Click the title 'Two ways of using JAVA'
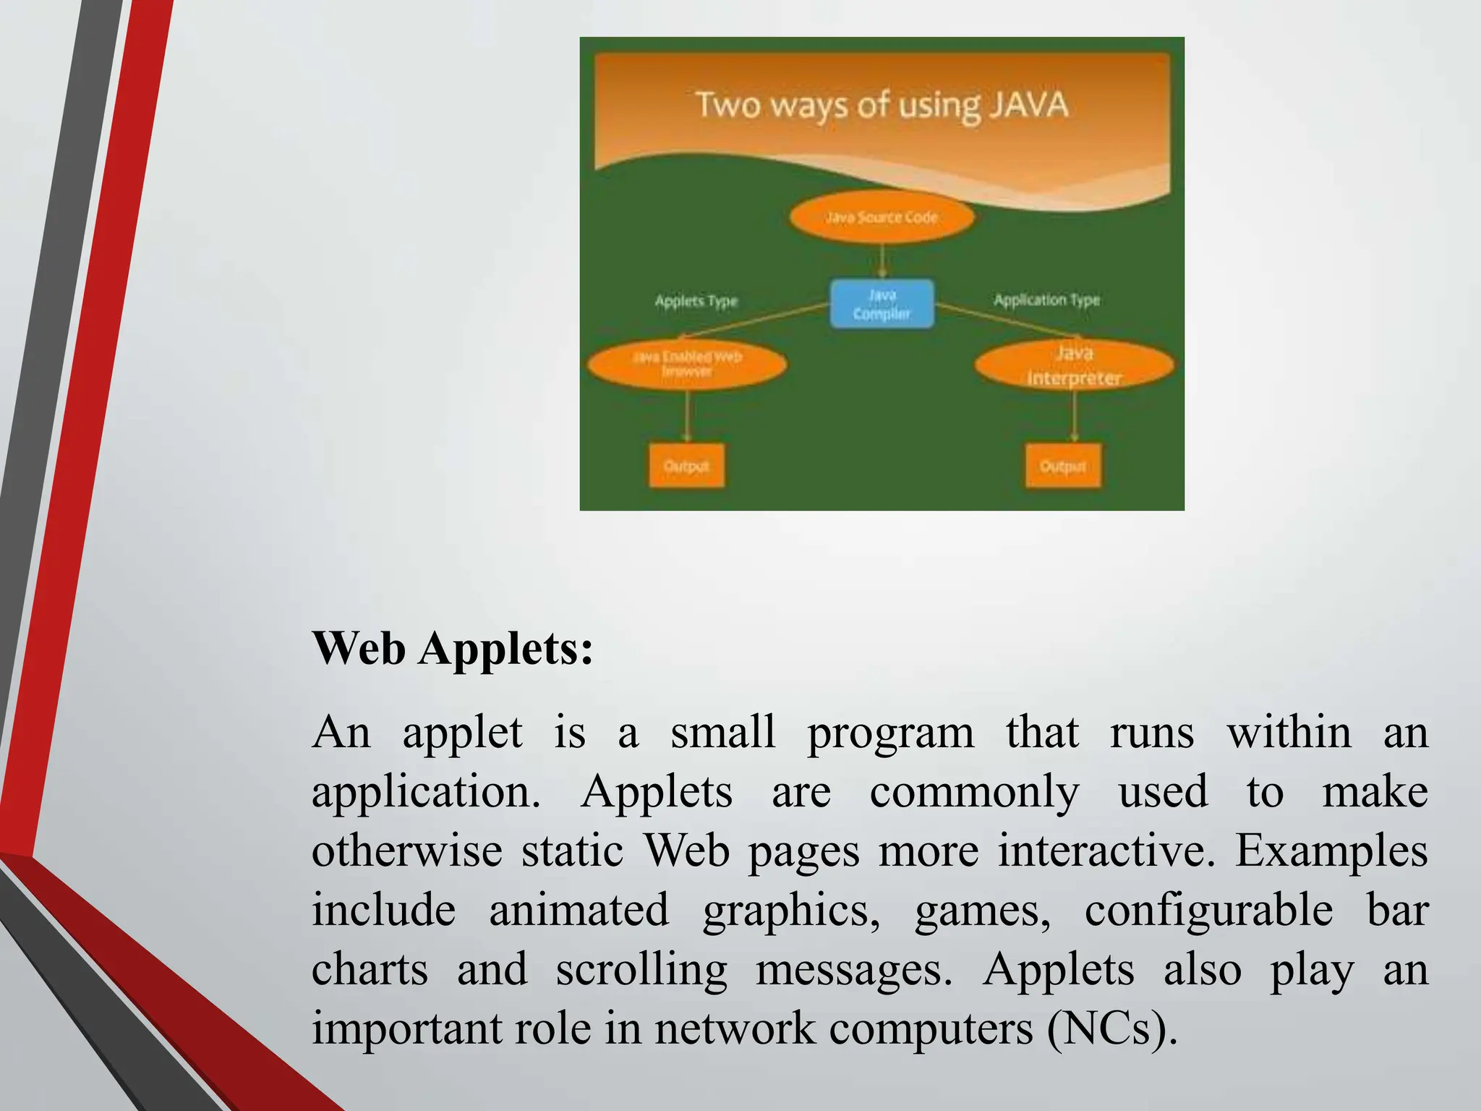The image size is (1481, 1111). click(882, 106)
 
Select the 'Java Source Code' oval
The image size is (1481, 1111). click(882, 216)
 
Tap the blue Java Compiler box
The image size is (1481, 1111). click(882, 304)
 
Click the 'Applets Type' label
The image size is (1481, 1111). click(696, 301)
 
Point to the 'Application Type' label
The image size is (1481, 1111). click(1046, 299)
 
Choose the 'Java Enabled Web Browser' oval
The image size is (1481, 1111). click(686, 364)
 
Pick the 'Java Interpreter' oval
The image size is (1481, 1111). click(1074, 365)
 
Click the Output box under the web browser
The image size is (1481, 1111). click(686, 466)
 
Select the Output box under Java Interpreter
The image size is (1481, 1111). click(1063, 466)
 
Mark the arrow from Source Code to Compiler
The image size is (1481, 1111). click(882, 260)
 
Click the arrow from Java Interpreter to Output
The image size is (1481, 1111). click(1074, 415)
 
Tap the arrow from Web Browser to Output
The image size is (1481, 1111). click(687, 415)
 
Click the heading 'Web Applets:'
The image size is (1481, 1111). click(453, 647)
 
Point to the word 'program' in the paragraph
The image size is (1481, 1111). click(890, 733)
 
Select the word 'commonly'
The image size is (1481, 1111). click(974, 791)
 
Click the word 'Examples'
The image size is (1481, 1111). click(1331, 851)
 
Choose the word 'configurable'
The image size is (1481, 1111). click(1208, 910)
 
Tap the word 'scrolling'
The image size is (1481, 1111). click(641, 969)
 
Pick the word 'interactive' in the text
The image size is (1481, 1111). click(1104, 851)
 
